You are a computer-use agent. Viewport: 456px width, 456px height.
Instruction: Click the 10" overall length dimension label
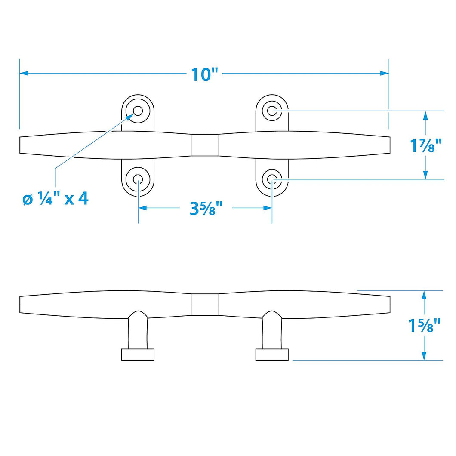(204, 74)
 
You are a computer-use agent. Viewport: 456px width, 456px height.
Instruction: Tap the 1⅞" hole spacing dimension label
(426, 145)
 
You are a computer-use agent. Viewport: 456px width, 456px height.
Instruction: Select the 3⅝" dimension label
(206, 208)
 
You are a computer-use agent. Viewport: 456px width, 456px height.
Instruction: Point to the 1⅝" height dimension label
(425, 325)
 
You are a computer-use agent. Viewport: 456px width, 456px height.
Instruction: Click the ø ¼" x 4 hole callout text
(55, 199)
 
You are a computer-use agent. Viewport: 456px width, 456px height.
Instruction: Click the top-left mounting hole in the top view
(138, 111)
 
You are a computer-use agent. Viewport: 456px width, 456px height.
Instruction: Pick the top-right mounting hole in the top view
(272, 111)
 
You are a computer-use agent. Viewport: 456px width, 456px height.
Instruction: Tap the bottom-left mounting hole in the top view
(138, 179)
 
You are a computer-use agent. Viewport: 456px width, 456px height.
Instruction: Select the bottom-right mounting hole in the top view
(272, 179)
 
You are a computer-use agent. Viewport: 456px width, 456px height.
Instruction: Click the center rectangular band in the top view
(205, 145)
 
